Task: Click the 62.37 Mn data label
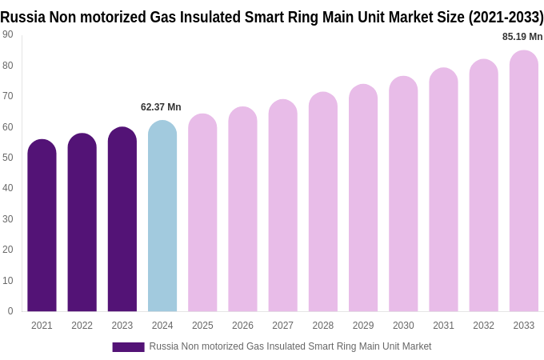161,107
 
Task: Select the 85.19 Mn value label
522,37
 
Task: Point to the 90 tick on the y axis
8,34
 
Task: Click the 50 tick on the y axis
8,158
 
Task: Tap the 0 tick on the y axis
10,311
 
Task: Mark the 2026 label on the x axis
242,326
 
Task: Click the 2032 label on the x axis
483,326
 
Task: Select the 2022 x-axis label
82,326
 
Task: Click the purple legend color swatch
128,347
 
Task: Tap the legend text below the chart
290,346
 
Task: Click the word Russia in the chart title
22,17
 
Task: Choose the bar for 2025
202,213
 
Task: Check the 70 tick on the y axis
8,96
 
